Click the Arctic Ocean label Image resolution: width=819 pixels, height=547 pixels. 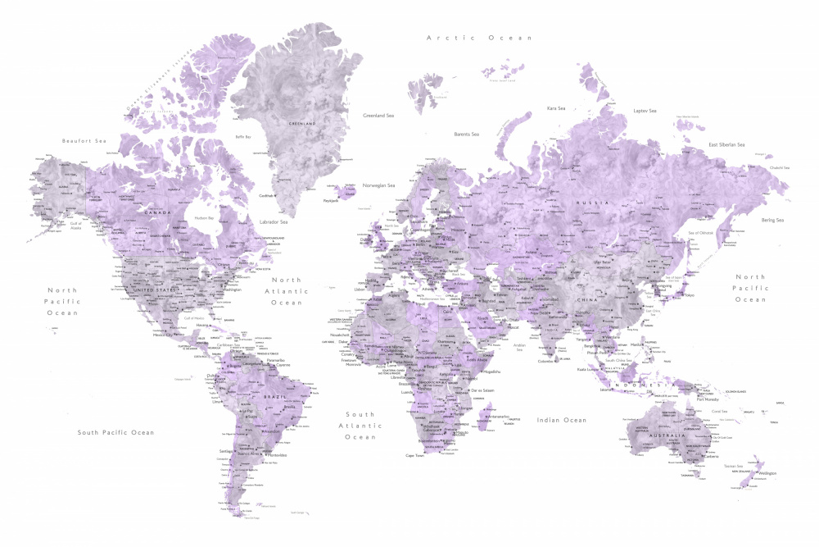pos(479,38)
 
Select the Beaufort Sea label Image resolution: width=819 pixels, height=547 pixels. pos(84,141)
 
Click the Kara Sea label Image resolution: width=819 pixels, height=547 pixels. pos(556,108)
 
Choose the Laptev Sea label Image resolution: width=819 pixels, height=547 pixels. pos(645,111)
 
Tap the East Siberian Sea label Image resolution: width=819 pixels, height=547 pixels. pos(726,145)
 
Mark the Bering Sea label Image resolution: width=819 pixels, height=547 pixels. pos(771,220)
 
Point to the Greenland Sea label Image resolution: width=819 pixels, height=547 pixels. pos(379,116)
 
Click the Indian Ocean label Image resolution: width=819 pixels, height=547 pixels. pos(561,420)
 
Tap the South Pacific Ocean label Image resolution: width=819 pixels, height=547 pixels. pos(115,432)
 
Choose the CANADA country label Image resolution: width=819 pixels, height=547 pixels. pos(157,213)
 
